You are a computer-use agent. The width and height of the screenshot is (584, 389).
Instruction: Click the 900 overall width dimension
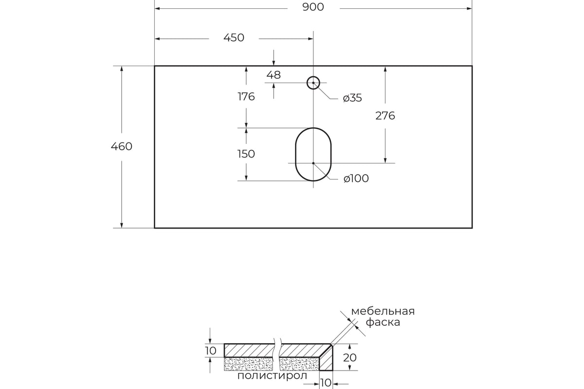[313, 7]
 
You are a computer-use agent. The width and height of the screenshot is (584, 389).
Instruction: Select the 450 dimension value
[234, 38]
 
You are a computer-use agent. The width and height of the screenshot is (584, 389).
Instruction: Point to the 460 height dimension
[122, 146]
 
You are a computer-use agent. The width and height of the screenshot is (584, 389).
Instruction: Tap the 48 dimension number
[274, 75]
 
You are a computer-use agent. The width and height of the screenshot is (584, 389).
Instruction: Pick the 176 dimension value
[246, 97]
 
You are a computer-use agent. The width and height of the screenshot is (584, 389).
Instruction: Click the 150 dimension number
[246, 154]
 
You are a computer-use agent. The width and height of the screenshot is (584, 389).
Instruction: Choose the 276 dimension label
[385, 116]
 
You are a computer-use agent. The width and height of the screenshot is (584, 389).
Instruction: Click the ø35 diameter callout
[352, 98]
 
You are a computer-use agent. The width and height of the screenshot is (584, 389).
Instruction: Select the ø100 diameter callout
[356, 178]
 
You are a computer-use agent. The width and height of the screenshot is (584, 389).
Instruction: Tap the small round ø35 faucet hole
[313, 77]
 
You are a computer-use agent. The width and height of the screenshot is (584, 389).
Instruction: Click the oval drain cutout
[296, 154]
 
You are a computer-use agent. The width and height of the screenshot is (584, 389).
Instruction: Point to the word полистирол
[272, 376]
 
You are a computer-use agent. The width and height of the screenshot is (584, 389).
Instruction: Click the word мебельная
[383, 311]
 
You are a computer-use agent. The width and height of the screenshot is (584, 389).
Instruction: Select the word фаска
[383, 322]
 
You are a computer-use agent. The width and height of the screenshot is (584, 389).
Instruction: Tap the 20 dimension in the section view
[349, 358]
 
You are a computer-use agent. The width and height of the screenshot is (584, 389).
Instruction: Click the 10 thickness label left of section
[211, 351]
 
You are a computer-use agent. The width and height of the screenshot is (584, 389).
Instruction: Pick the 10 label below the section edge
[326, 383]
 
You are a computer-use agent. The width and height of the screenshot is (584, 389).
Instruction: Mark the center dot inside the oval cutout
[313, 163]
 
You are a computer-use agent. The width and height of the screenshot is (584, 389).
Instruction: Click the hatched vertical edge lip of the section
[327, 359]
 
